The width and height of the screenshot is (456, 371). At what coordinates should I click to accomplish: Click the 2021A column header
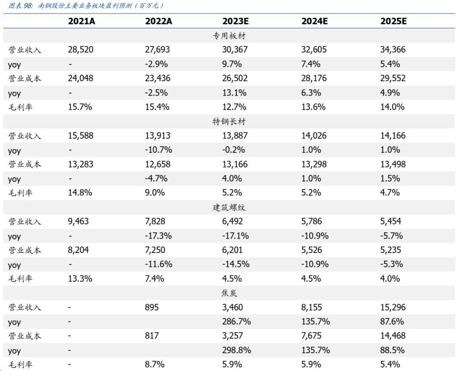pos(81,21)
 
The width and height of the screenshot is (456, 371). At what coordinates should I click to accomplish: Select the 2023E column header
pos(235,21)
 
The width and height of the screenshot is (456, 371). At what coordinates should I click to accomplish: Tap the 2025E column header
pos(394,21)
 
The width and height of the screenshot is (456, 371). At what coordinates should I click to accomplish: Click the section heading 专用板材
pos(229,36)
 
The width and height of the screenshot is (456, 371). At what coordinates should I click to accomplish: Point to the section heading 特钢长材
pos(229,121)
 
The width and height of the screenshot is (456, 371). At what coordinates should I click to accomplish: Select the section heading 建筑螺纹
pos(229,207)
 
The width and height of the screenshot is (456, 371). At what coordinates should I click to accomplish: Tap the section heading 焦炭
pos(229,293)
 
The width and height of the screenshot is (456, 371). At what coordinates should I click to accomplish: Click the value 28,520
pos(81,49)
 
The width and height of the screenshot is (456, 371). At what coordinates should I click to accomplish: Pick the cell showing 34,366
pos(393,49)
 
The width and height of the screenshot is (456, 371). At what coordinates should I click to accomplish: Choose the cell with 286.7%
pos(236,322)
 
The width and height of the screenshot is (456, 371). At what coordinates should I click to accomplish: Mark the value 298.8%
pos(236,350)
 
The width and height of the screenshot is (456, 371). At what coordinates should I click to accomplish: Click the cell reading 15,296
pos(393,307)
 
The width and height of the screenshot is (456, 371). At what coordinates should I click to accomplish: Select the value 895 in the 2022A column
pos(152,307)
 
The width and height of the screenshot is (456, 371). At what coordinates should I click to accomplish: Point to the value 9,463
pos(78,221)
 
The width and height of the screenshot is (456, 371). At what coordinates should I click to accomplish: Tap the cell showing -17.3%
pos(158,236)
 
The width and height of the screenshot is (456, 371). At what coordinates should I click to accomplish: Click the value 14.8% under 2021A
pos(80,192)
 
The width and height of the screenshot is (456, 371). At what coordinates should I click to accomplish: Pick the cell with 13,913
pos(157,135)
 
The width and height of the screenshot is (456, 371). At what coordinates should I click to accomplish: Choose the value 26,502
pos(235,78)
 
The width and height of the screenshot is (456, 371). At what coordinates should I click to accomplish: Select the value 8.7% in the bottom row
pos(155,364)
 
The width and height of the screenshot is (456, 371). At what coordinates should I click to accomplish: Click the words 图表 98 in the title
pos(20,5)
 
